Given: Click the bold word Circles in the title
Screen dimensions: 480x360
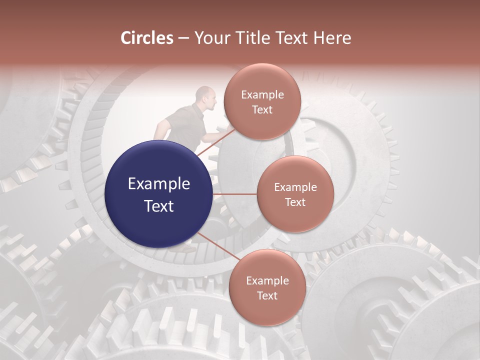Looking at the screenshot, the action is (146, 38).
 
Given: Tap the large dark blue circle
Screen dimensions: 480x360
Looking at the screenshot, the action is (158, 194).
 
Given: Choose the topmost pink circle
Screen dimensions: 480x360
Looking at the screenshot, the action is (262, 102).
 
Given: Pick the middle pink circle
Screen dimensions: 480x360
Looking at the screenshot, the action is (295, 194).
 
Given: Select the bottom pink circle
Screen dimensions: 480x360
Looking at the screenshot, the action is (267, 288).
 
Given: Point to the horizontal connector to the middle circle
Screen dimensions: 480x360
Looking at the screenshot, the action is (235, 194).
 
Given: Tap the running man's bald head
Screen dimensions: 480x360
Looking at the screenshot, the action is (204, 94).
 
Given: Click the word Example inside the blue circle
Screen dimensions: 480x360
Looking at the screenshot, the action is (158, 184).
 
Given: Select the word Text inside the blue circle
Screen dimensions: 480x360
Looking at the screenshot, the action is (158, 205).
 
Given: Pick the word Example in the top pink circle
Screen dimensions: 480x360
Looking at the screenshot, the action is (262, 95).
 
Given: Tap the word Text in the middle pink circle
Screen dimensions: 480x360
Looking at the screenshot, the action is (295, 202).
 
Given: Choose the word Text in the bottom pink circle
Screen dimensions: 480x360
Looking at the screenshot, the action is (267, 295).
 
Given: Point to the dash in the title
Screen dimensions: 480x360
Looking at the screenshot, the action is (183, 38).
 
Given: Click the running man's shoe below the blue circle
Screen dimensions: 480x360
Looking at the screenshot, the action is (187, 248).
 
